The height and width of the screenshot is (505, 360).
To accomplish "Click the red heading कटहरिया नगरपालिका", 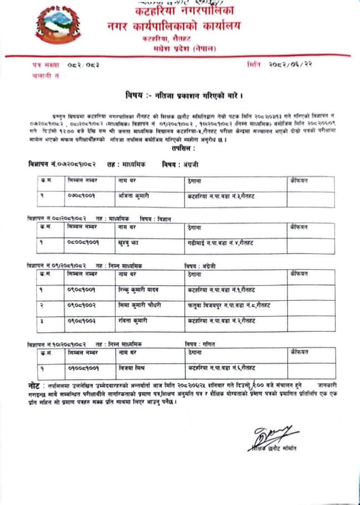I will pos(180,11).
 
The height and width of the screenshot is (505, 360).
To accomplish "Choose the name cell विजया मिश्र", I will pos(130,368).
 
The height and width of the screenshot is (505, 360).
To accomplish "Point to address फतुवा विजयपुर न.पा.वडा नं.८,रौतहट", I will pos(229,306).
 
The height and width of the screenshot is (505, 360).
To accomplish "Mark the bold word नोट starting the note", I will pos(34,385).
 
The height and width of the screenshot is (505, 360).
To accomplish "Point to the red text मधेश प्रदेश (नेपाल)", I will pos(186,49).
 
